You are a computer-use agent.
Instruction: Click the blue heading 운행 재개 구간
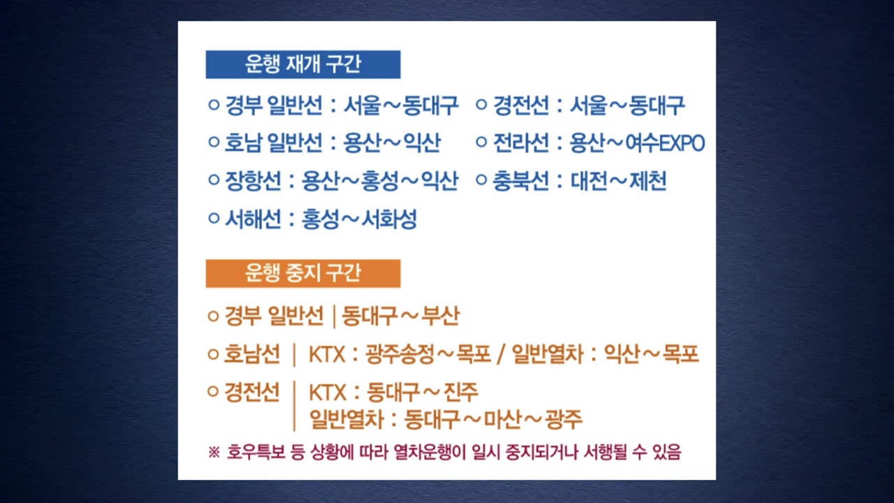point(303,64)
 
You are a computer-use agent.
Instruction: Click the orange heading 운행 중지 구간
point(303,273)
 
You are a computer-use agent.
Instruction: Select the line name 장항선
point(253,181)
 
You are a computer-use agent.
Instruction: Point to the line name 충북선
point(520,181)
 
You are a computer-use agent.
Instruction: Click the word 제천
point(647,181)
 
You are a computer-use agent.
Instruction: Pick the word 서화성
point(389,219)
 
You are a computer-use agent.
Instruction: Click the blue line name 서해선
point(253,219)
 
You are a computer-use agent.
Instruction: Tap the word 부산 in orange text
point(441,316)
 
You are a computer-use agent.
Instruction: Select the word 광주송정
point(400,353)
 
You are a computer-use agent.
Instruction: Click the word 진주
point(460,392)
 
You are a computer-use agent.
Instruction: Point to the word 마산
point(502,419)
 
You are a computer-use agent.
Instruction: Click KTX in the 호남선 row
point(327,354)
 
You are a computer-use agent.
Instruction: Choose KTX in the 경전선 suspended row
point(328,393)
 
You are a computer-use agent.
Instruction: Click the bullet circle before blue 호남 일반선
point(214,142)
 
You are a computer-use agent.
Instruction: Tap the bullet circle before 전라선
point(481,142)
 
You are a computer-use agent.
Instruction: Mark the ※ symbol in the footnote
point(214,452)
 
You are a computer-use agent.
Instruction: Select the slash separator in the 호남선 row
point(501,354)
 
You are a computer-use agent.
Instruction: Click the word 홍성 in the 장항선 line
point(379,181)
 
